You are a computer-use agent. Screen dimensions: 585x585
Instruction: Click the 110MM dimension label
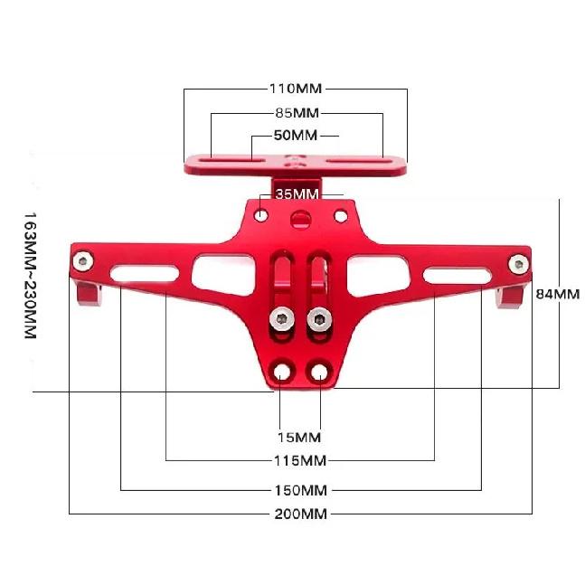[x=296, y=89]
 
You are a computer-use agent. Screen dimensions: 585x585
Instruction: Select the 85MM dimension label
[x=297, y=113]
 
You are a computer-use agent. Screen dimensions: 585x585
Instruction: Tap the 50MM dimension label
[x=296, y=135]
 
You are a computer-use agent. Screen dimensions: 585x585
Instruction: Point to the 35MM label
[x=297, y=194]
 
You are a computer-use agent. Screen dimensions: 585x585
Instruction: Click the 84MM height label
[x=558, y=295]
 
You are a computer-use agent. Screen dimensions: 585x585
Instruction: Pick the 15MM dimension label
[x=299, y=438]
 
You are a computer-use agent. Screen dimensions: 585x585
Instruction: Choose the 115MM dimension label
[x=300, y=461]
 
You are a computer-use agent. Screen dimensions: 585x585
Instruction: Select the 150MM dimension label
[x=301, y=490]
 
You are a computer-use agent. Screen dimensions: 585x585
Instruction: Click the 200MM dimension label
[x=301, y=514]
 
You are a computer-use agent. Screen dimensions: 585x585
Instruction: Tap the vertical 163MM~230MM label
[x=30, y=276]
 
